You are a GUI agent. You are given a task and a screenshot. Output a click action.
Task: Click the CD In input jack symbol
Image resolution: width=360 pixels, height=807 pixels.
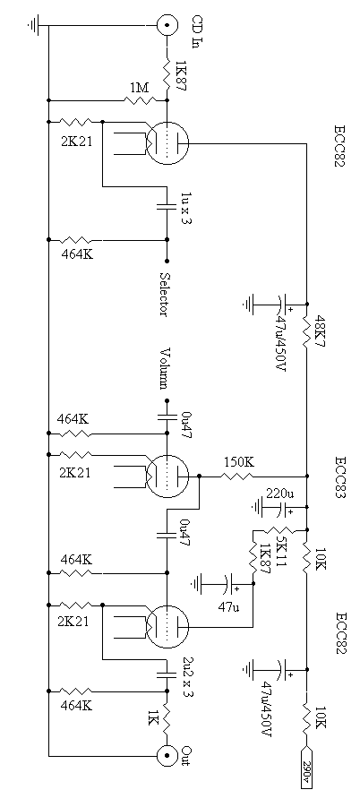167,25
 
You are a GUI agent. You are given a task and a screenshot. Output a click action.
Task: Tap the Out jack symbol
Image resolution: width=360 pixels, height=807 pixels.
167,756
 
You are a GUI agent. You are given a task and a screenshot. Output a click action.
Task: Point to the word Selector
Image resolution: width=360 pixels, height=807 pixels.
165,295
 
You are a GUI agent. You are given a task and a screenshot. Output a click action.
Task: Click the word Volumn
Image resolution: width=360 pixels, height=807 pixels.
165,368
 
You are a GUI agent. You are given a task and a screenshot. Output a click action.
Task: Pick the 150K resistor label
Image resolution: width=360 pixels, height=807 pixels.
238,462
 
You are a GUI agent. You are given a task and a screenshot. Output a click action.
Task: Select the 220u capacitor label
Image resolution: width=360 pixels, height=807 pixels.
279,494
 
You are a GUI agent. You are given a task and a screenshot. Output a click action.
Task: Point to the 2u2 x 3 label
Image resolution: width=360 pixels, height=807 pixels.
187,677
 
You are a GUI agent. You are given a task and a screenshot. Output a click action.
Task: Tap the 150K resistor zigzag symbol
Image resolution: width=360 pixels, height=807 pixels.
238,476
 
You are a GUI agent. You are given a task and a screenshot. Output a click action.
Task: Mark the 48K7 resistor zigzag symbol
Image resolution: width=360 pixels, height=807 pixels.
307,330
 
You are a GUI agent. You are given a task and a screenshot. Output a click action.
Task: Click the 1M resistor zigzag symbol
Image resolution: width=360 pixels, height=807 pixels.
139,99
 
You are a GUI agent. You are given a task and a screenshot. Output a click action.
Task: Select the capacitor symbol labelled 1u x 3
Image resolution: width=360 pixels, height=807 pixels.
167,207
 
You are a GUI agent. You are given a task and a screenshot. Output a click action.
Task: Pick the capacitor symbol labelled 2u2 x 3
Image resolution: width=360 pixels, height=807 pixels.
167,674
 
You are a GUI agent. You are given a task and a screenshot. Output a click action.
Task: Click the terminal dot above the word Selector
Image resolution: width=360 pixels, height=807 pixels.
167,261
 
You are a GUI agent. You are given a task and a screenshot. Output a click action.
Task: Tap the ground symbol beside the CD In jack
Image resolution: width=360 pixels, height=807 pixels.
34,23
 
